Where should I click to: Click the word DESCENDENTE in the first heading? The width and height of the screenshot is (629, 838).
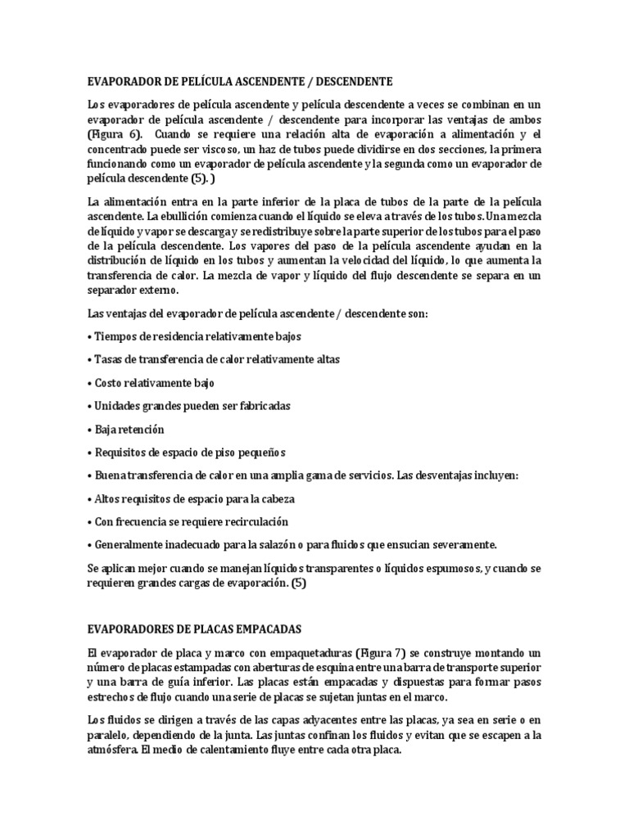[353, 82]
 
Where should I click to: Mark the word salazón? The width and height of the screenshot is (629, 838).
[293, 545]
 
